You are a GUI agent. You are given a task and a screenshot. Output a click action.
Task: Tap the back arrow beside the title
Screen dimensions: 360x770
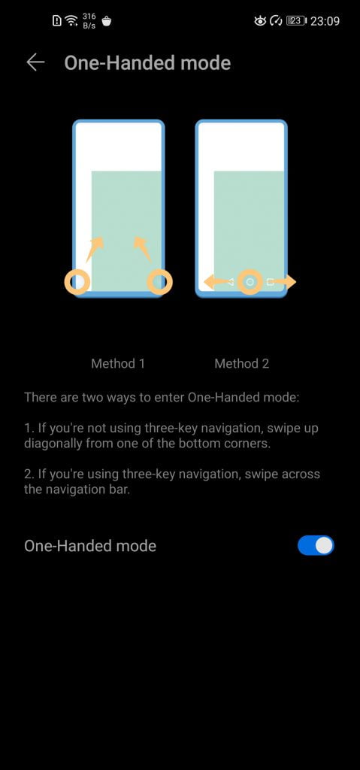pyautogui.click(x=35, y=63)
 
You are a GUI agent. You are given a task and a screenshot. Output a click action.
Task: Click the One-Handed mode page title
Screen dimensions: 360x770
pyautogui.click(x=147, y=63)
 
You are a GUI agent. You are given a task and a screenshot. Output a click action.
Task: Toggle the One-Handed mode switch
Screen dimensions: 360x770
pyautogui.click(x=316, y=546)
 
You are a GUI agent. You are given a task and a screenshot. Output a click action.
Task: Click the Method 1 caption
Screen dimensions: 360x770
pyautogui.click(x=118, y=363)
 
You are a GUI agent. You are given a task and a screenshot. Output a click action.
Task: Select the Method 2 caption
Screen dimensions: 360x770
pyautogui.click(x=242, y=363)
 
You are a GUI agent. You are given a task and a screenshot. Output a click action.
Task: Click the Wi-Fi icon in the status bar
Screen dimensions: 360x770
pyautogui.click(x=71, y=20)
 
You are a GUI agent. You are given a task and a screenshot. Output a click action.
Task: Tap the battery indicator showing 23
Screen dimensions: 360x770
pyautogui.click(x=296, y=20)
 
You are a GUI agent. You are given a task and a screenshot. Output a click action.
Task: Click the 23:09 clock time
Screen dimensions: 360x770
pyautogui.click(x=325, y=21)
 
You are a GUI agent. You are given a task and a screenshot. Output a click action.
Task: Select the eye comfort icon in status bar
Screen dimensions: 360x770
pyautogui.click(x=260, y=20)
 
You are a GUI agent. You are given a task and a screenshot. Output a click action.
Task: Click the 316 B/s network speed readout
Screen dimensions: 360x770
pyautogui.click(x=89, y=20)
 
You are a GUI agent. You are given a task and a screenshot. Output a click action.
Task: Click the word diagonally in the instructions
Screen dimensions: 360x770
pyautogui.click(x=53, y=444)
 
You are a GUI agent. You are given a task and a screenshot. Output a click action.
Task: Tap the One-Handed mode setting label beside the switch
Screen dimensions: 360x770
pyautogui.click(x=90, y=546)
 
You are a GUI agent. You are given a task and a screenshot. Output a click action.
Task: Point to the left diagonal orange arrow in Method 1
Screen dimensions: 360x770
pyautogui.click(x=94, y=249)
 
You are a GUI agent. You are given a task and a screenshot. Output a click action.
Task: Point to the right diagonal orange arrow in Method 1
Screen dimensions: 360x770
pyautogui.click(x=143, y=249)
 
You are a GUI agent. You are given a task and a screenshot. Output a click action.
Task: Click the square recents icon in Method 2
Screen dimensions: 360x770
pyautogui.click(x=270, y=282)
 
